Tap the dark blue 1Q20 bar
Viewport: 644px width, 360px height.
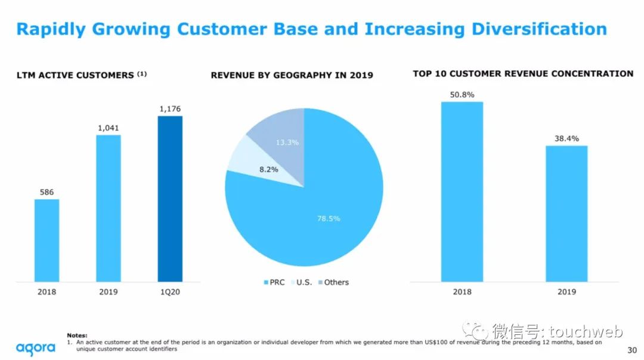(x=170, y=198)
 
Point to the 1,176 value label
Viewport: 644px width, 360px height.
(x=170, y=108)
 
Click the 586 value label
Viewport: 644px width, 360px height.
(x=47, y=192)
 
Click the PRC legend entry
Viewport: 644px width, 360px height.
(x=274, y=282)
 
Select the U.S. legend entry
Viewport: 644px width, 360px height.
(x=302, y=282)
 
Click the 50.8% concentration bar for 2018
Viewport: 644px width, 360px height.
(x=462, y=191)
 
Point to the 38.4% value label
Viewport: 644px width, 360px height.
(x=566, y=138)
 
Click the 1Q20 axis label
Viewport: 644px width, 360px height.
(x=170, y=291)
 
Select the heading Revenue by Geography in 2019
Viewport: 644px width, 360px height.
(x=292, y=75)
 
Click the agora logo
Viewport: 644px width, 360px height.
(x=36, y=347)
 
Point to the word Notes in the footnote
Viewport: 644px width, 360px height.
(x=77, y=336)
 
